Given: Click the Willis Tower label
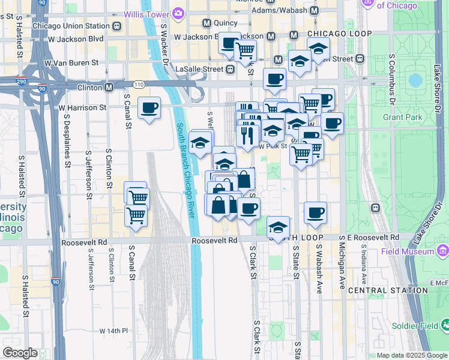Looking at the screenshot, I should click(146, 14).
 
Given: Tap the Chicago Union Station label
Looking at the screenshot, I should click(71, 26).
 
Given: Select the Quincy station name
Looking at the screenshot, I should click(225, 23).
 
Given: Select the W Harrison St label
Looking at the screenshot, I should click(82, 107).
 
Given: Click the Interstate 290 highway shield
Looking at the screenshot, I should click(21, 81).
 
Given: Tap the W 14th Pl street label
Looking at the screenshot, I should click(114, 331).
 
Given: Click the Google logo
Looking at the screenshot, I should click(20, 352).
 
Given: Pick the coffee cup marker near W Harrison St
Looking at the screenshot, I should click(149, 109).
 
